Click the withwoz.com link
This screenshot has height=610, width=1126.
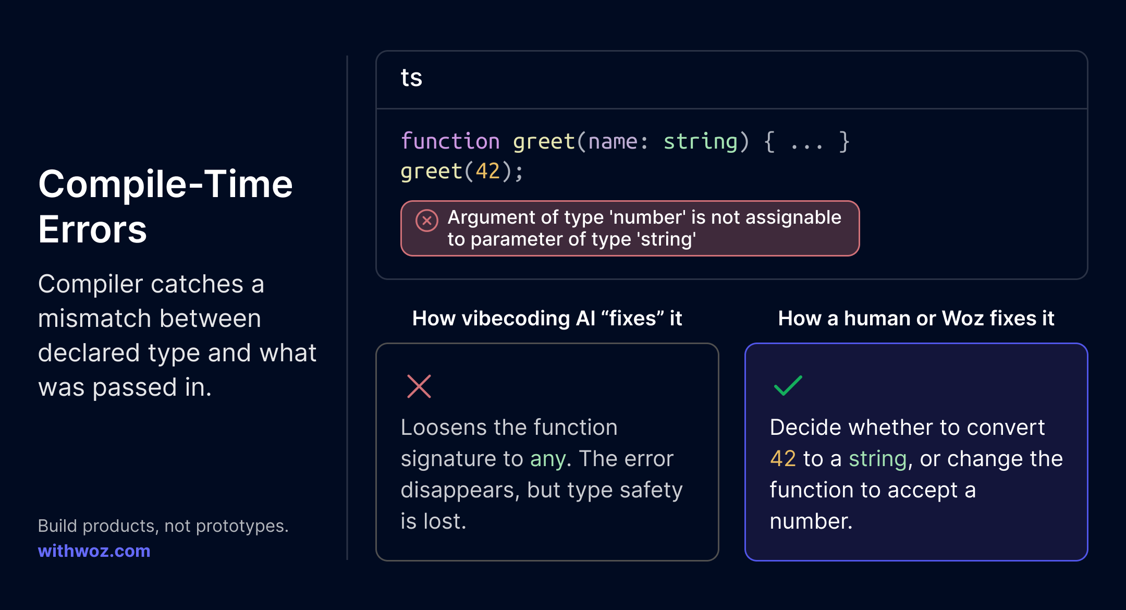(x=94, y=551)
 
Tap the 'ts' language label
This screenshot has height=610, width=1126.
(x=411, y=78)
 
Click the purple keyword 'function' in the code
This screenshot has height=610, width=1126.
(x=450, y=141)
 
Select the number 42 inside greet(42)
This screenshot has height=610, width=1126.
(x=488, y=171)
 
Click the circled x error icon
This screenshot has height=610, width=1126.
(x=426, y=221)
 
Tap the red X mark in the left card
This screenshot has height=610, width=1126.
(x=419, y=386)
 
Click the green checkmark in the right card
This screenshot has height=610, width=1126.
(x=788, y=386)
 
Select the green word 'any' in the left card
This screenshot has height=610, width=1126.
(x=548, y=460)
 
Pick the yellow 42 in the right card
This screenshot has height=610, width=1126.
(x=783, y=459)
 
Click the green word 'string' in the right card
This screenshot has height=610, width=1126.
(x=878, y=459)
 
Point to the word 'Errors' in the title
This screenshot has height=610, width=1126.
(x=93, y=229)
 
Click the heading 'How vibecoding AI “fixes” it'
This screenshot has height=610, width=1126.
(x=547, y=318)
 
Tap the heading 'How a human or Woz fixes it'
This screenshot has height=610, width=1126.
(x=916, y=318)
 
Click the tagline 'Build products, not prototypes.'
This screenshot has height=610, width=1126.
(x=163, y=526)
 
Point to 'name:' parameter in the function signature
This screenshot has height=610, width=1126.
(x=619, y=142)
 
